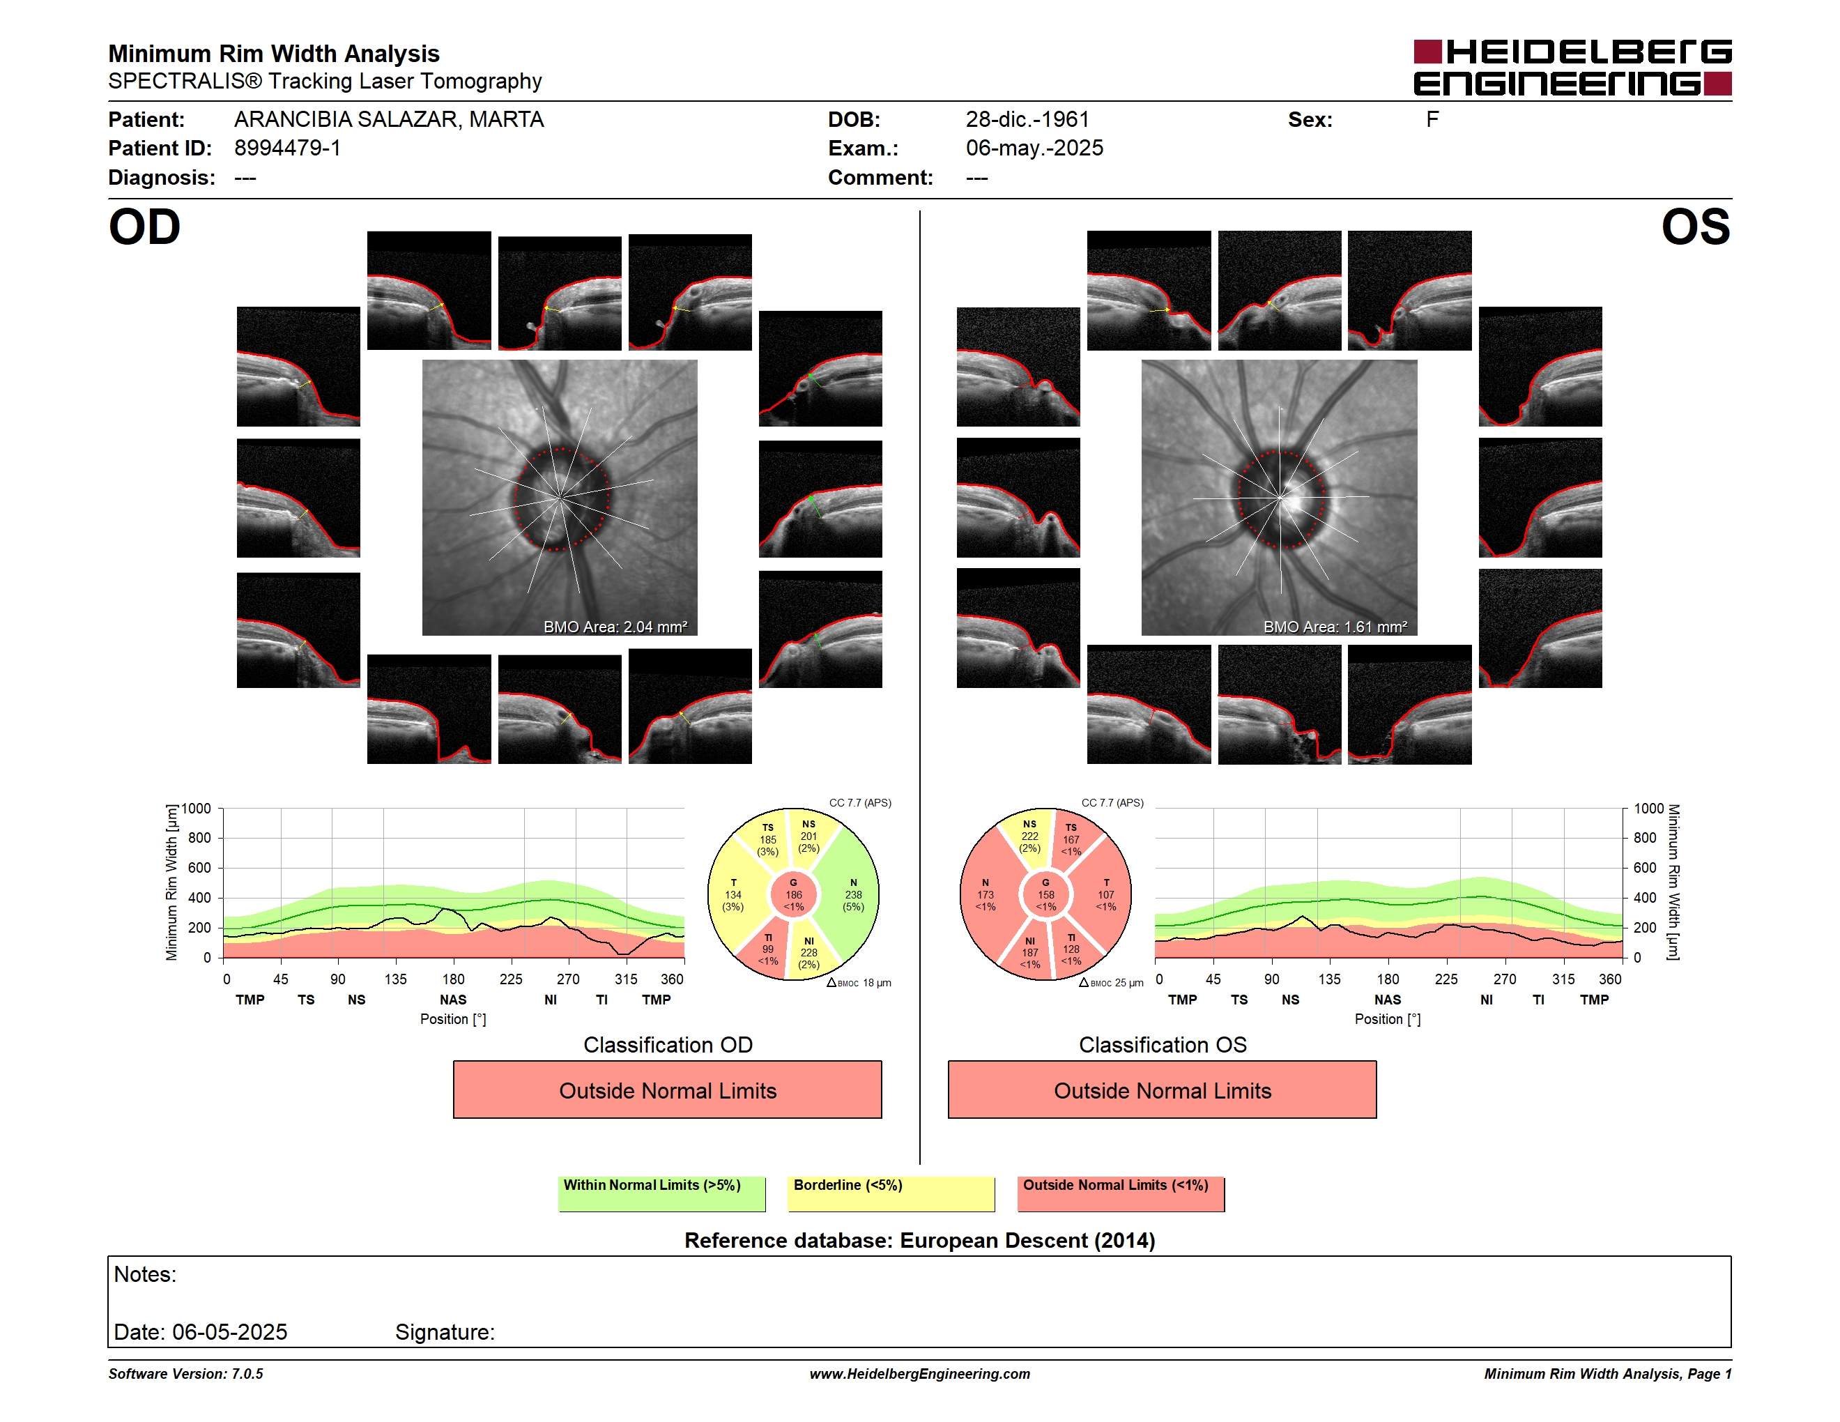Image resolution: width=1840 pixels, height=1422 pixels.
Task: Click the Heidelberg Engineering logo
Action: point(1572,68)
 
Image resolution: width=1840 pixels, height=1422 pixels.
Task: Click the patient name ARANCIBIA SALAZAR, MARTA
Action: point(388,120)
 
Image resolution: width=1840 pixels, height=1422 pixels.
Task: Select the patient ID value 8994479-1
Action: point(287,148)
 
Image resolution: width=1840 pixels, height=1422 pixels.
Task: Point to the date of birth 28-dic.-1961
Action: point(1027,120)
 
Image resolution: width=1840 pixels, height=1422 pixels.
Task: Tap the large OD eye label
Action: point(144,227)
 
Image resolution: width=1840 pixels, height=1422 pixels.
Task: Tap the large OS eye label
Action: point(1695,227)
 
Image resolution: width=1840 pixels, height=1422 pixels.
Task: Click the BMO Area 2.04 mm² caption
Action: point(615,627)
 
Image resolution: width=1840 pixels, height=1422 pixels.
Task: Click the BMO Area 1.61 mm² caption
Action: point(1335,627)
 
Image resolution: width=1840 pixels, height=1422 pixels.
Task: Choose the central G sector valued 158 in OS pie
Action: point(1045,894)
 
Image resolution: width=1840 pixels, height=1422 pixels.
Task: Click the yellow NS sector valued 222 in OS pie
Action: point(1029,836)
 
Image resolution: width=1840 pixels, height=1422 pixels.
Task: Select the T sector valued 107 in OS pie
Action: point(1105,894)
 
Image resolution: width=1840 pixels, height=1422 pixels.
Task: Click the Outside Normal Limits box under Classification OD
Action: point(667,1090)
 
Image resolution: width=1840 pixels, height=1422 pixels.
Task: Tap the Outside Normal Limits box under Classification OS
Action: point(1162,1090)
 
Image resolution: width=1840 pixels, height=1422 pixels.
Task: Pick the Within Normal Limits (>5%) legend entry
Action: point(661,1193)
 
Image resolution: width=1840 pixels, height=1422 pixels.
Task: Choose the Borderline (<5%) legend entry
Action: point(891,1193)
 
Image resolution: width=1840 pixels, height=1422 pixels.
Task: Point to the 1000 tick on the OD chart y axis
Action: point(195,809)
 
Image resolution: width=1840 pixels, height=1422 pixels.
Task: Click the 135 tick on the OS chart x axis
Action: point(1329,979)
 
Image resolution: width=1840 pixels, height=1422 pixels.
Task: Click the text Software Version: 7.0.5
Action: point(185,1374)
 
